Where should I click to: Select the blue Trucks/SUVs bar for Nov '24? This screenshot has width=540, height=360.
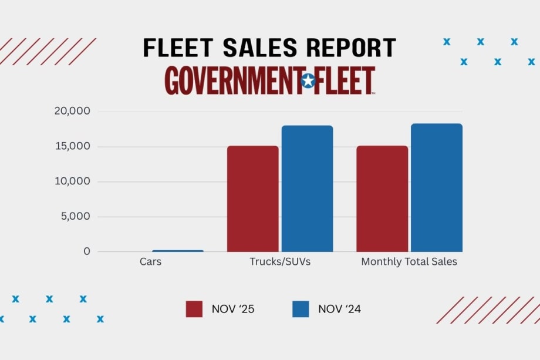tap(307, 189)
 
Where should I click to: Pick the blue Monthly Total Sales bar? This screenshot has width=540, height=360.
tap(436, 187)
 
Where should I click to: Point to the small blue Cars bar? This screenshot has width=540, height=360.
tap(178, 251)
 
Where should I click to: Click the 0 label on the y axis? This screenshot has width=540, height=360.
tap(87, 251)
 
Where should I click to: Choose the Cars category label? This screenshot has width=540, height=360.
tap(150, 262)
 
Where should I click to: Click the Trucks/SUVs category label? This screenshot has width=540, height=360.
tap(280, 262)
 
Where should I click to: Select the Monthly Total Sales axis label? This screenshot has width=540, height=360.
tap(409, 262)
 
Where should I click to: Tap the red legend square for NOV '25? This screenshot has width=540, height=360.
tap(194, 309)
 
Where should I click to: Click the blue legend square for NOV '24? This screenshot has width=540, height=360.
tap(301, 309)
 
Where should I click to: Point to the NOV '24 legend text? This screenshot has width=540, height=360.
tap(339, 309)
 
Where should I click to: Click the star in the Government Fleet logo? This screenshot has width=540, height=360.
tap(308, 81)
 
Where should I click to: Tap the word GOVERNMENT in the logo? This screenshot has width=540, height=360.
tap(232, 81)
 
